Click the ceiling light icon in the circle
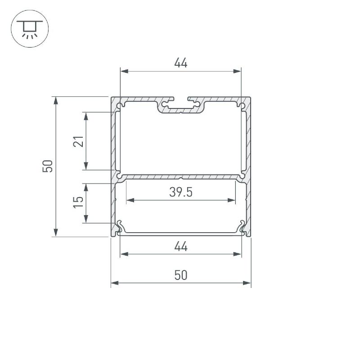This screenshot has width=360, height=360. pos(30,29)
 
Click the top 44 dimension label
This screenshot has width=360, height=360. pos(181,63)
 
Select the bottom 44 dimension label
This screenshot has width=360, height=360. pos(181,246)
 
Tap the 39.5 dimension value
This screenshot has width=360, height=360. pos(181,192)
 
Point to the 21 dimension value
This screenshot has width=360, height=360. pos(78,141)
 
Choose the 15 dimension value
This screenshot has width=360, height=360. pos(78,202)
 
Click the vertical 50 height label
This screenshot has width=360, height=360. pos(48,166)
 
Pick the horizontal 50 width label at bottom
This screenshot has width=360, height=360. pos(181,275)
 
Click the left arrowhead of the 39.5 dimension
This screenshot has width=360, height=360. pos(130,200)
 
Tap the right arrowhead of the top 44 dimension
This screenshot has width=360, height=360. pos(237,71)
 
